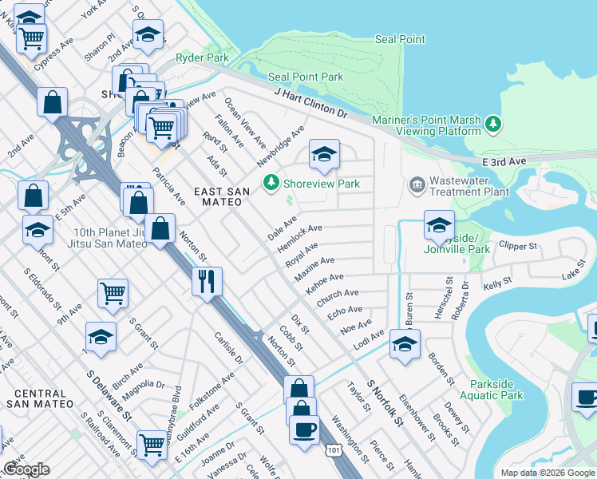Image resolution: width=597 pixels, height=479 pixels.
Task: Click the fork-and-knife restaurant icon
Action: [207, 281]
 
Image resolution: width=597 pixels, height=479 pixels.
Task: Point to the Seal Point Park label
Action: [306, 77]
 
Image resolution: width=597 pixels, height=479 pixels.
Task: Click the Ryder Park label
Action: [202, 57]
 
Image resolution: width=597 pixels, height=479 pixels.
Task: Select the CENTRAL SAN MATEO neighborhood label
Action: [40, 399]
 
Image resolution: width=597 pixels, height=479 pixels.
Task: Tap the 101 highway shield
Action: [333, 452]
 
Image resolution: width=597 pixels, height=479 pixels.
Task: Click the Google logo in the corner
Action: [26, 469]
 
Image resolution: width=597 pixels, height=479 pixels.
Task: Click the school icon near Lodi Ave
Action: [405, 345]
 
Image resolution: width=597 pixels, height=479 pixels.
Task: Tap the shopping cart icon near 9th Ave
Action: [113, 292]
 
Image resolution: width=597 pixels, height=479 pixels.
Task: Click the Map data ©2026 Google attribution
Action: [547, 473]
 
